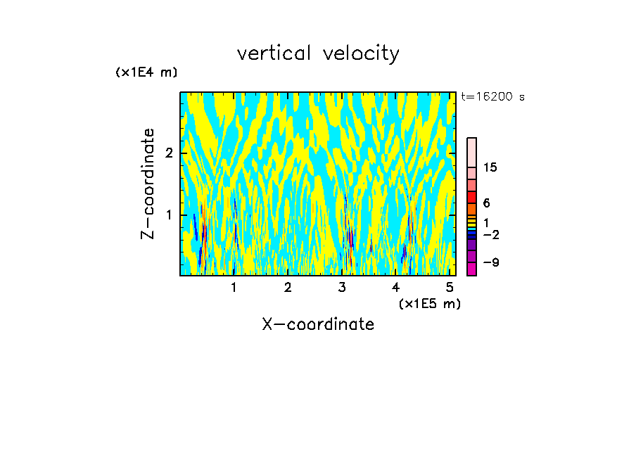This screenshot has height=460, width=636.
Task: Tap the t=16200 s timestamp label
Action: coord(492,97)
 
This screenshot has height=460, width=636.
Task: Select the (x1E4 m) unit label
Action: coord(146,72)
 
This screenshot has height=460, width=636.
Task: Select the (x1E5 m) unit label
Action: coord(429,303)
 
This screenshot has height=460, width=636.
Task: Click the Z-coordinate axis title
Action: coord(148,184)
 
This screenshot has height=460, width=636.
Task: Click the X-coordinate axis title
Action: coord(318,324)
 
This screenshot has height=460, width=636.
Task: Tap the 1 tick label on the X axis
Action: coord(234,287)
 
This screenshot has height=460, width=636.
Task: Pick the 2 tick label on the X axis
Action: coord(288,287)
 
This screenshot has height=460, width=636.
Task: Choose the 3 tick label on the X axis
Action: coord(342,287)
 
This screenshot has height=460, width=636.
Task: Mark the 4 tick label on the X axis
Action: coord(396,287)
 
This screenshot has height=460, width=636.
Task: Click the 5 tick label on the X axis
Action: coord(450,287)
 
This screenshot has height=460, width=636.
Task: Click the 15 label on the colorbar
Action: coord(490,167)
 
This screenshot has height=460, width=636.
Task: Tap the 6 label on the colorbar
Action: coord(486,203)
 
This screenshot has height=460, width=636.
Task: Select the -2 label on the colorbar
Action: coord(490,234)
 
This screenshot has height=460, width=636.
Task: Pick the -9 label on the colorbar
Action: coord(490,262)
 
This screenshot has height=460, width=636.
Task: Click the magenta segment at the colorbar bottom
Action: coord(471,269)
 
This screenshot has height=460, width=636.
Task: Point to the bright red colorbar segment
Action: coord(471,197)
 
